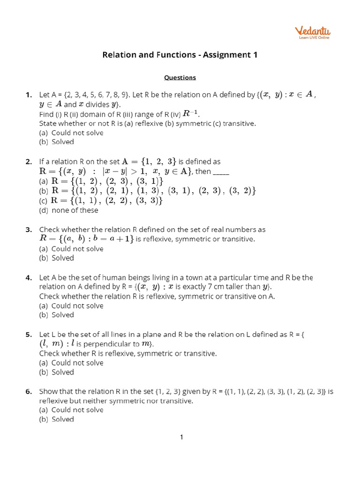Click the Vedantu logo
click(x=313, y=33)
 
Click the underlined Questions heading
click(x=180, y=77)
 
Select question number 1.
click(x=29, y=95)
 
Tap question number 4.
click(x=29, y=277)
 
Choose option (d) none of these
click(x=68, y=210)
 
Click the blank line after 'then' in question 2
click(x=221, y=172)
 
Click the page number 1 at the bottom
click(x=181, y=437)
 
